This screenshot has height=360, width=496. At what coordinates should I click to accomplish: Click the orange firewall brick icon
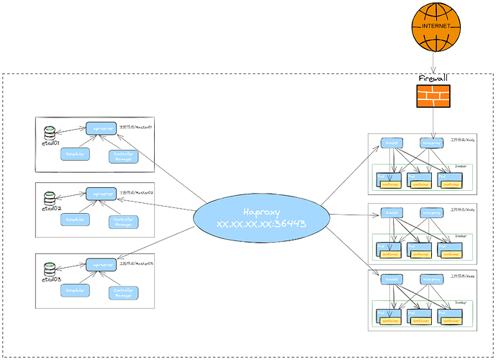(x=433, y=96)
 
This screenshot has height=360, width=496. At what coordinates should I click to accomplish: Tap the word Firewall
(x=433, y=78)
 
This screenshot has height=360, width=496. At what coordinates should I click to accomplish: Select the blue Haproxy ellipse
(x=261, y=217)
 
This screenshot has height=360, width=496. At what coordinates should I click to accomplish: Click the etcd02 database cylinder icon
(x=50, y=198)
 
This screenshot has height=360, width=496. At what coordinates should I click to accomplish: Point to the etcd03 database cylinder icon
(x=50, y=267)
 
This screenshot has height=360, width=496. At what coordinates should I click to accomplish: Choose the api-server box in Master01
(x=101, y=128)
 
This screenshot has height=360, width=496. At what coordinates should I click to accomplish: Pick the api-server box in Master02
(x=101, y=193)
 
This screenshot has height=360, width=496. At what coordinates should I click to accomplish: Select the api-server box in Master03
(x=101, y=264)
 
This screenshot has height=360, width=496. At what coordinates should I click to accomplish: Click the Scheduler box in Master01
(x=76, y=153)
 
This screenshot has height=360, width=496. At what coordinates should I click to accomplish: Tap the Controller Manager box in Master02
(x=123, y=222)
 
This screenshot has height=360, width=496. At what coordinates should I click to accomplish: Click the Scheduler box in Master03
(x=76, y=290)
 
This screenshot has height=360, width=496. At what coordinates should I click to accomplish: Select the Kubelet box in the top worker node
(x=392, y=143)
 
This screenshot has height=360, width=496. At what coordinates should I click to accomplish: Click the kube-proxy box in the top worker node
(x=432, y=143)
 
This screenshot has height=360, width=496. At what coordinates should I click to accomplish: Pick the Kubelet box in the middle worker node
(x=392, y=213)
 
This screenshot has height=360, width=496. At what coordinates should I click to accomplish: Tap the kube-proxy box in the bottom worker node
(x=432, y=279)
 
